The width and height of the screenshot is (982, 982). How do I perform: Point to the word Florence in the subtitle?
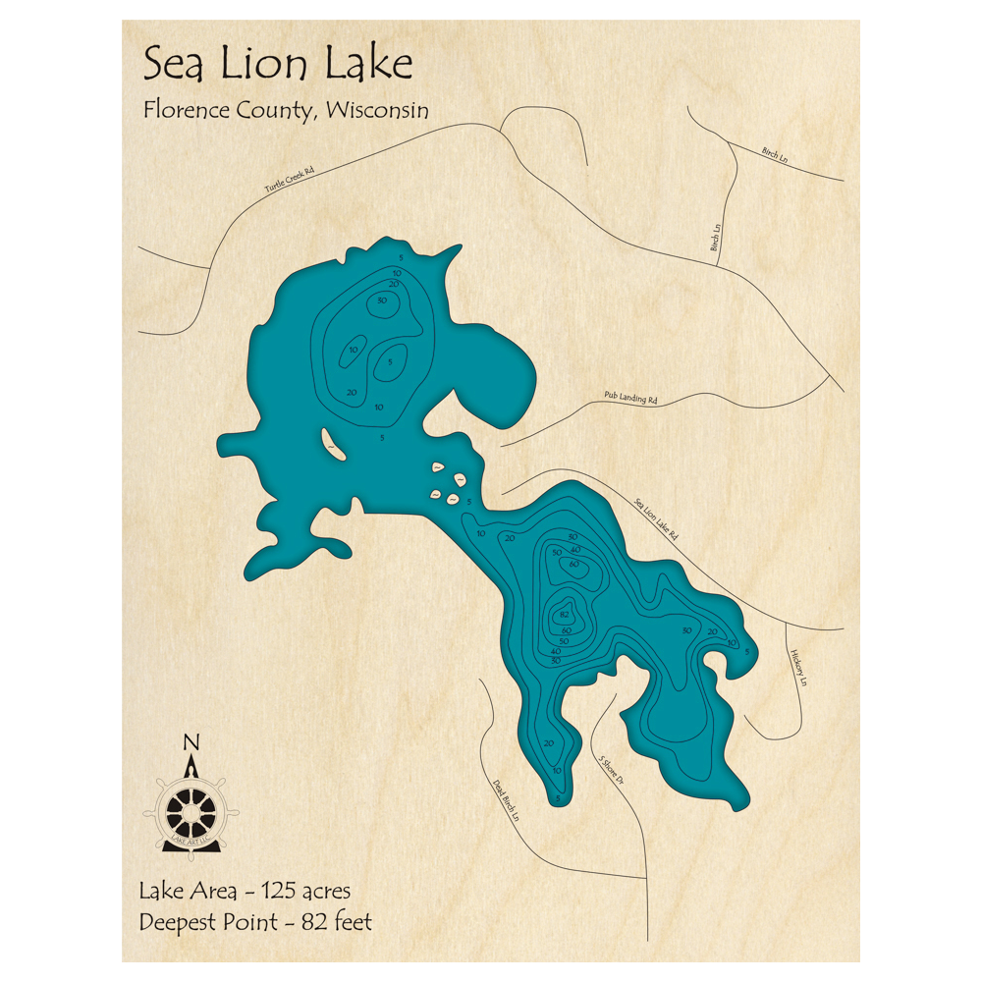point(188,110)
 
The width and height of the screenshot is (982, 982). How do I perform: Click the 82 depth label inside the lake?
point(564,615)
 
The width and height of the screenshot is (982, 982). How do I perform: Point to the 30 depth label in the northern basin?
point(382,300)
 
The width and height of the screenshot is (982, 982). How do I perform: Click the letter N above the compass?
point(192,741)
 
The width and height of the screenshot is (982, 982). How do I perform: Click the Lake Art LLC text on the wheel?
point(192,841)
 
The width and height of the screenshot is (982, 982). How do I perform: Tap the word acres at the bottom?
point(323,892)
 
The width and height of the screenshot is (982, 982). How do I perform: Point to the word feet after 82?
point(350,922)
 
